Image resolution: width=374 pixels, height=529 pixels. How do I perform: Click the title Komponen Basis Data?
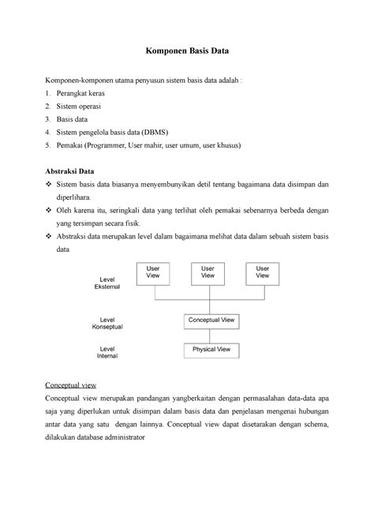tap(186, 54)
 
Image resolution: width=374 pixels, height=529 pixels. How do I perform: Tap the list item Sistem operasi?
tap(84, 106)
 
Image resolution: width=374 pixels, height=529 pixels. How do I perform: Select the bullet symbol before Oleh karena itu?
tap(48, 211)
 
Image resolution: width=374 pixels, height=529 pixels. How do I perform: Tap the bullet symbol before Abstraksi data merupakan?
tap(48, 237)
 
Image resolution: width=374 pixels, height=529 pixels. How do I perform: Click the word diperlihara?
tap(73, 197)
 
